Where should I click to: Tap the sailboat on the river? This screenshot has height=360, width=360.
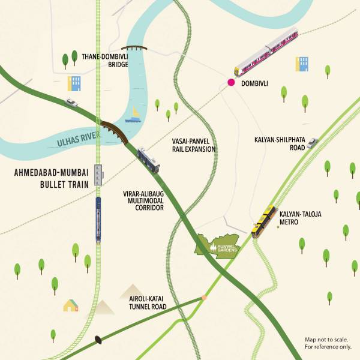[135, 115]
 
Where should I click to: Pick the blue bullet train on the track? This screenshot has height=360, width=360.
[98, 220]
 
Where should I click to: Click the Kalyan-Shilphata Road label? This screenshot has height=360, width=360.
[280, 144]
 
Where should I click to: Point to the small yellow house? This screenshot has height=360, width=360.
[71, 305]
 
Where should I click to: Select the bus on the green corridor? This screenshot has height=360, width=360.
[148, 160]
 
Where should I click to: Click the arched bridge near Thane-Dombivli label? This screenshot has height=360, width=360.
[134, 48]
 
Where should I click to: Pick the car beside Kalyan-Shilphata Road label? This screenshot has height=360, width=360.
[312, 142]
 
